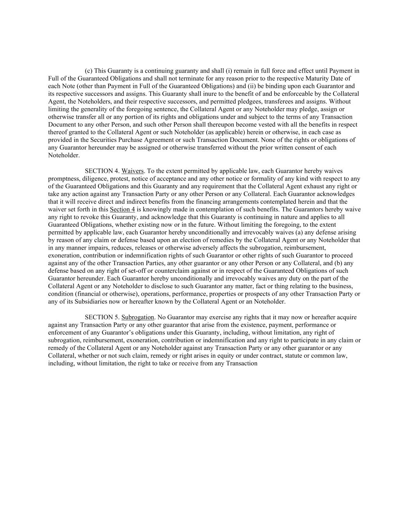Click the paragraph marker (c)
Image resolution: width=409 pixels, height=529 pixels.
coord(89,71)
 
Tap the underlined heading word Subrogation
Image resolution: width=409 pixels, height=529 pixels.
coord(138,317)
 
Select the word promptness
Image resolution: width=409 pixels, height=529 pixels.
coord(62,179)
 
